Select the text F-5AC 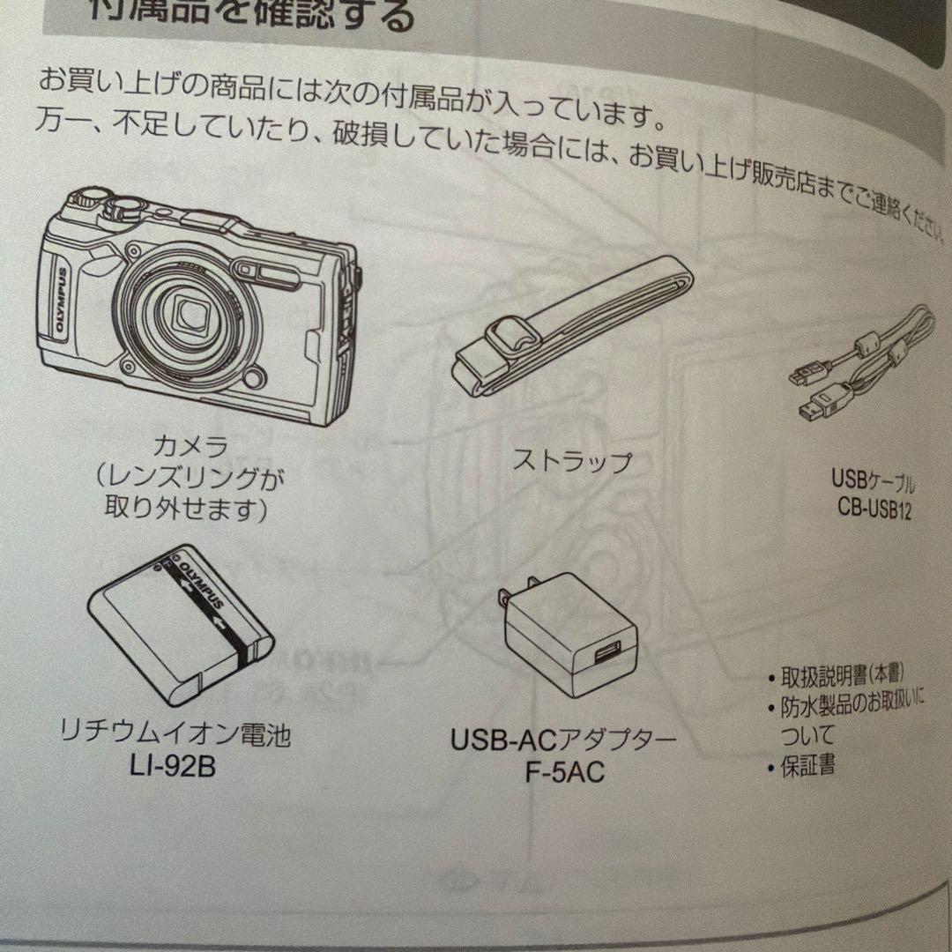(565, 773)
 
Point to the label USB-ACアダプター (564, 740)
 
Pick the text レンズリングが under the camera (192, 476)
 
